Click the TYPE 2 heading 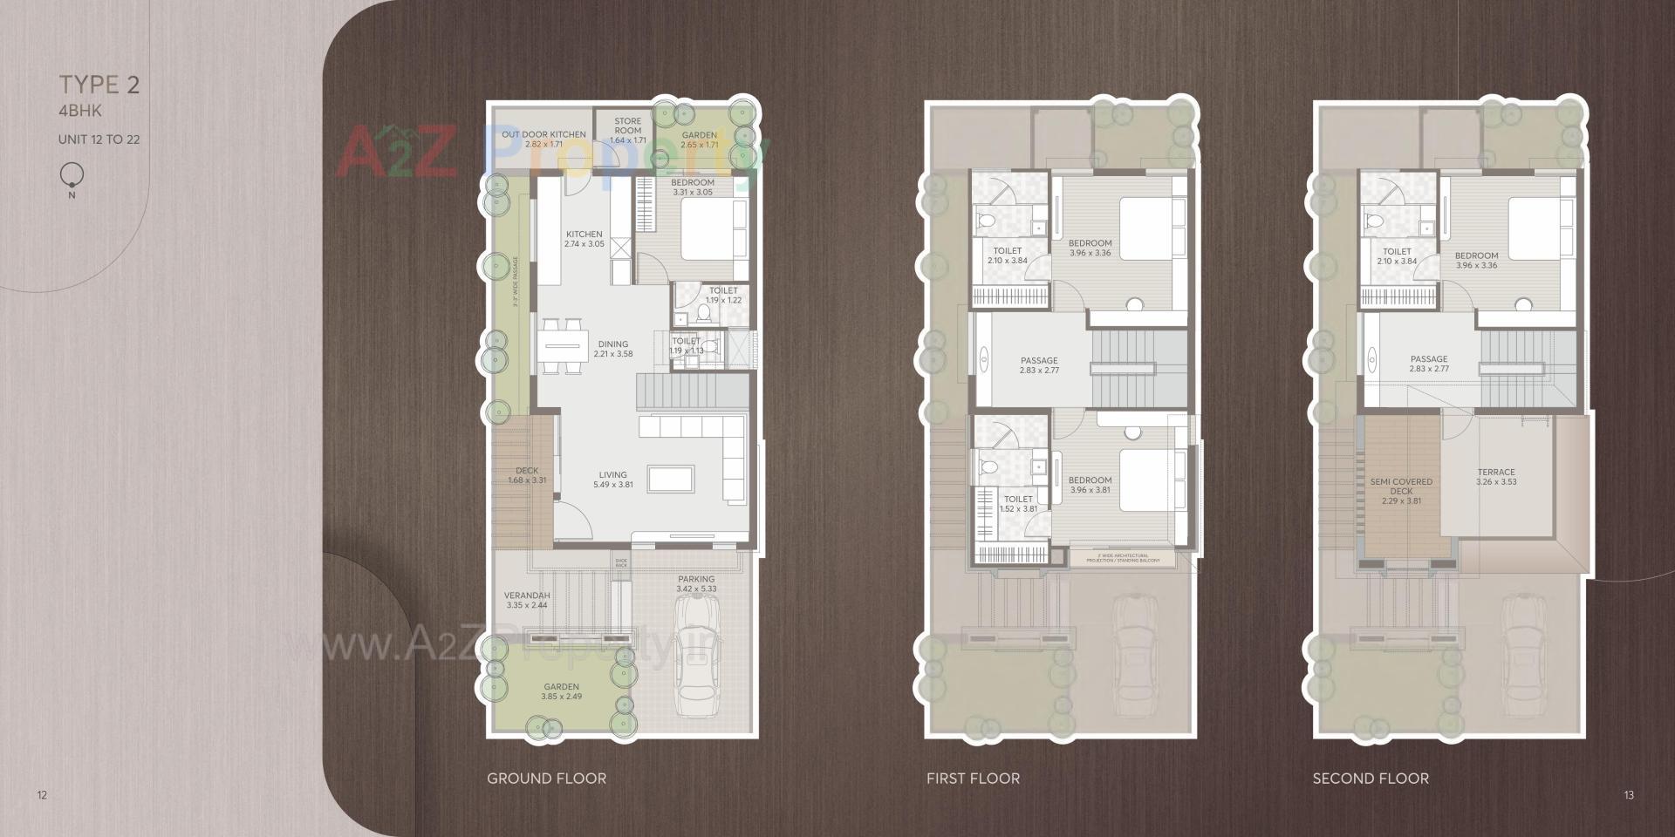[99, 85]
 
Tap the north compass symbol [72, 177]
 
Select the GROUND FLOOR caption [546, 779]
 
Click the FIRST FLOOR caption [973, 779]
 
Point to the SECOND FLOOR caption [1371, 779]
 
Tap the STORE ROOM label [627, 126]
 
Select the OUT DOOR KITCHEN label [544, 134]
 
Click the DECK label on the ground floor [527, 471]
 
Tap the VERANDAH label [527, 595]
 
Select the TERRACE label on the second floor [1496, 472]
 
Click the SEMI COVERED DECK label [1401, 486]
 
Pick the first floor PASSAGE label [1039, 360]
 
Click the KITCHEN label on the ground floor [584, 234]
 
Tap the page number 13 [1629, 795]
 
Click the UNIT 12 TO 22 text [99, 139]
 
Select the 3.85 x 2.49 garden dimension [562, 697]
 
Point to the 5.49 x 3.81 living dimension [613, 485]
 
